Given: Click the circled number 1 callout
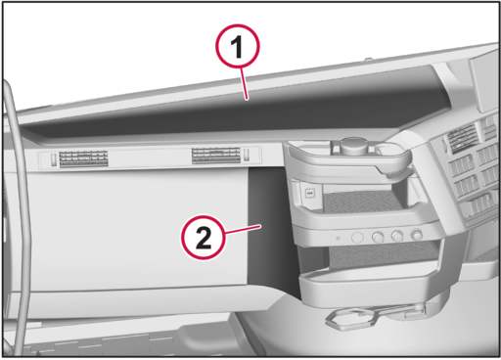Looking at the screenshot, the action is (238, 46).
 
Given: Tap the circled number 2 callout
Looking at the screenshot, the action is (204, 237).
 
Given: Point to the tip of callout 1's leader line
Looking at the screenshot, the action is (248, 99).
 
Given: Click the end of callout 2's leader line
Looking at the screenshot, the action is (261, 225).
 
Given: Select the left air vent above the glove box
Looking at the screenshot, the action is (83, 158).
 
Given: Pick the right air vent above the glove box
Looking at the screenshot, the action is (215, 156).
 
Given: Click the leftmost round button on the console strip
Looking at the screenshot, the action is (357, 237).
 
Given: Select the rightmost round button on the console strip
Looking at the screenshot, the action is (417, 235).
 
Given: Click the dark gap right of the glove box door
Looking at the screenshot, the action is (267, 228).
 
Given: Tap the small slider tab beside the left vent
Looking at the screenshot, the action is (53, 159).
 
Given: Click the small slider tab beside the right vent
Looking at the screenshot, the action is (247, 155).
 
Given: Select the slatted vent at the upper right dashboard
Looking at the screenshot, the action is (463, 138).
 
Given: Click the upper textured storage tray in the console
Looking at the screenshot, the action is (362, 201).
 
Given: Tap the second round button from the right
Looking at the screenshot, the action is (397, 236).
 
